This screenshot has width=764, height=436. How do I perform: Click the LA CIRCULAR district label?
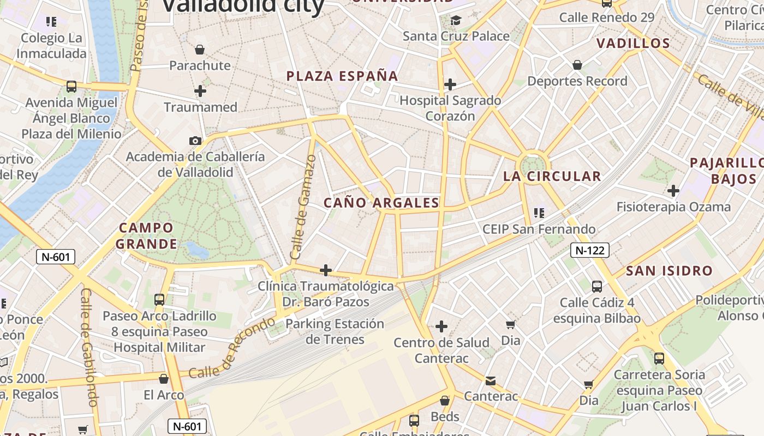(x=552, y=176)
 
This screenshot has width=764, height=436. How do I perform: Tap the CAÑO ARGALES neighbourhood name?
(x=381, y=203)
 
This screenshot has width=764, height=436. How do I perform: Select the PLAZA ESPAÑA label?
(x=342, y=76)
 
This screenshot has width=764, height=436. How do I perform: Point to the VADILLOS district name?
(x=633, y=44)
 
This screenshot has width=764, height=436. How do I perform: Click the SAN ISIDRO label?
(x=669, y=270)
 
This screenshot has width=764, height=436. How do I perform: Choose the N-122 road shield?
(x=589, y=250)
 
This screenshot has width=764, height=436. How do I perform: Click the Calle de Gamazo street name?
(x=303, y=207)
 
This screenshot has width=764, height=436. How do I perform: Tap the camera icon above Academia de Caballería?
(x=195, y=141)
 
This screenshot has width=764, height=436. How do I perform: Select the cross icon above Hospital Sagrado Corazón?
(x=450, y=84)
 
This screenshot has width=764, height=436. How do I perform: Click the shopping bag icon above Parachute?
(x=200, y=50)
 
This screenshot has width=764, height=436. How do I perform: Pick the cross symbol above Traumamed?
(x=200, y=91)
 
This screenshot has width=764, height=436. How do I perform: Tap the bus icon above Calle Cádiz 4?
(x=597, y=286)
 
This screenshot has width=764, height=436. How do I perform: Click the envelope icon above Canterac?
(x=491, y=380)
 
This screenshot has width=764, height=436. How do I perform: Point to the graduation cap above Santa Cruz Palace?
(x=456, y=21)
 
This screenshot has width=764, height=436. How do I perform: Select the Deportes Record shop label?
(x=577, y=81)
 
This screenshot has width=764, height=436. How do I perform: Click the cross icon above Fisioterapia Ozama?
(x=673, y=191)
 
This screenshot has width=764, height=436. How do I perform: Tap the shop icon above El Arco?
(x=163, y=379)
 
